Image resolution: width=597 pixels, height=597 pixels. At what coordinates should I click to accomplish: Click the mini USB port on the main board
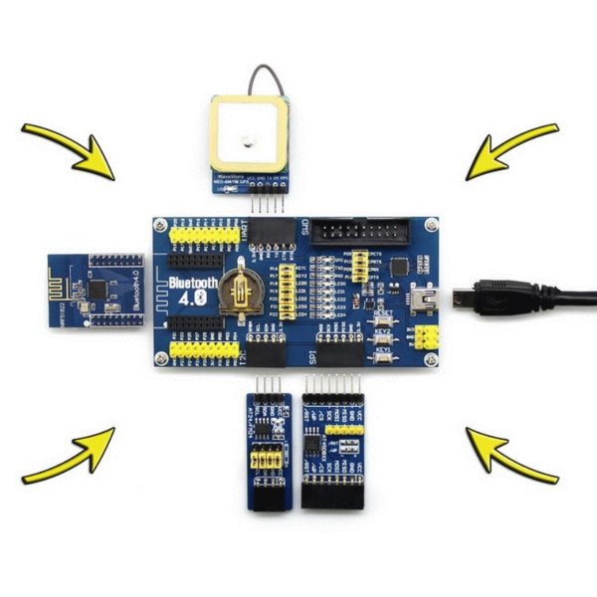422,295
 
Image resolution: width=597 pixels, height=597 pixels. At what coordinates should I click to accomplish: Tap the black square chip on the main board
399,267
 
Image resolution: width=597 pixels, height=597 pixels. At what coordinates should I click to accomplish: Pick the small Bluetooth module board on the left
98,291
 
